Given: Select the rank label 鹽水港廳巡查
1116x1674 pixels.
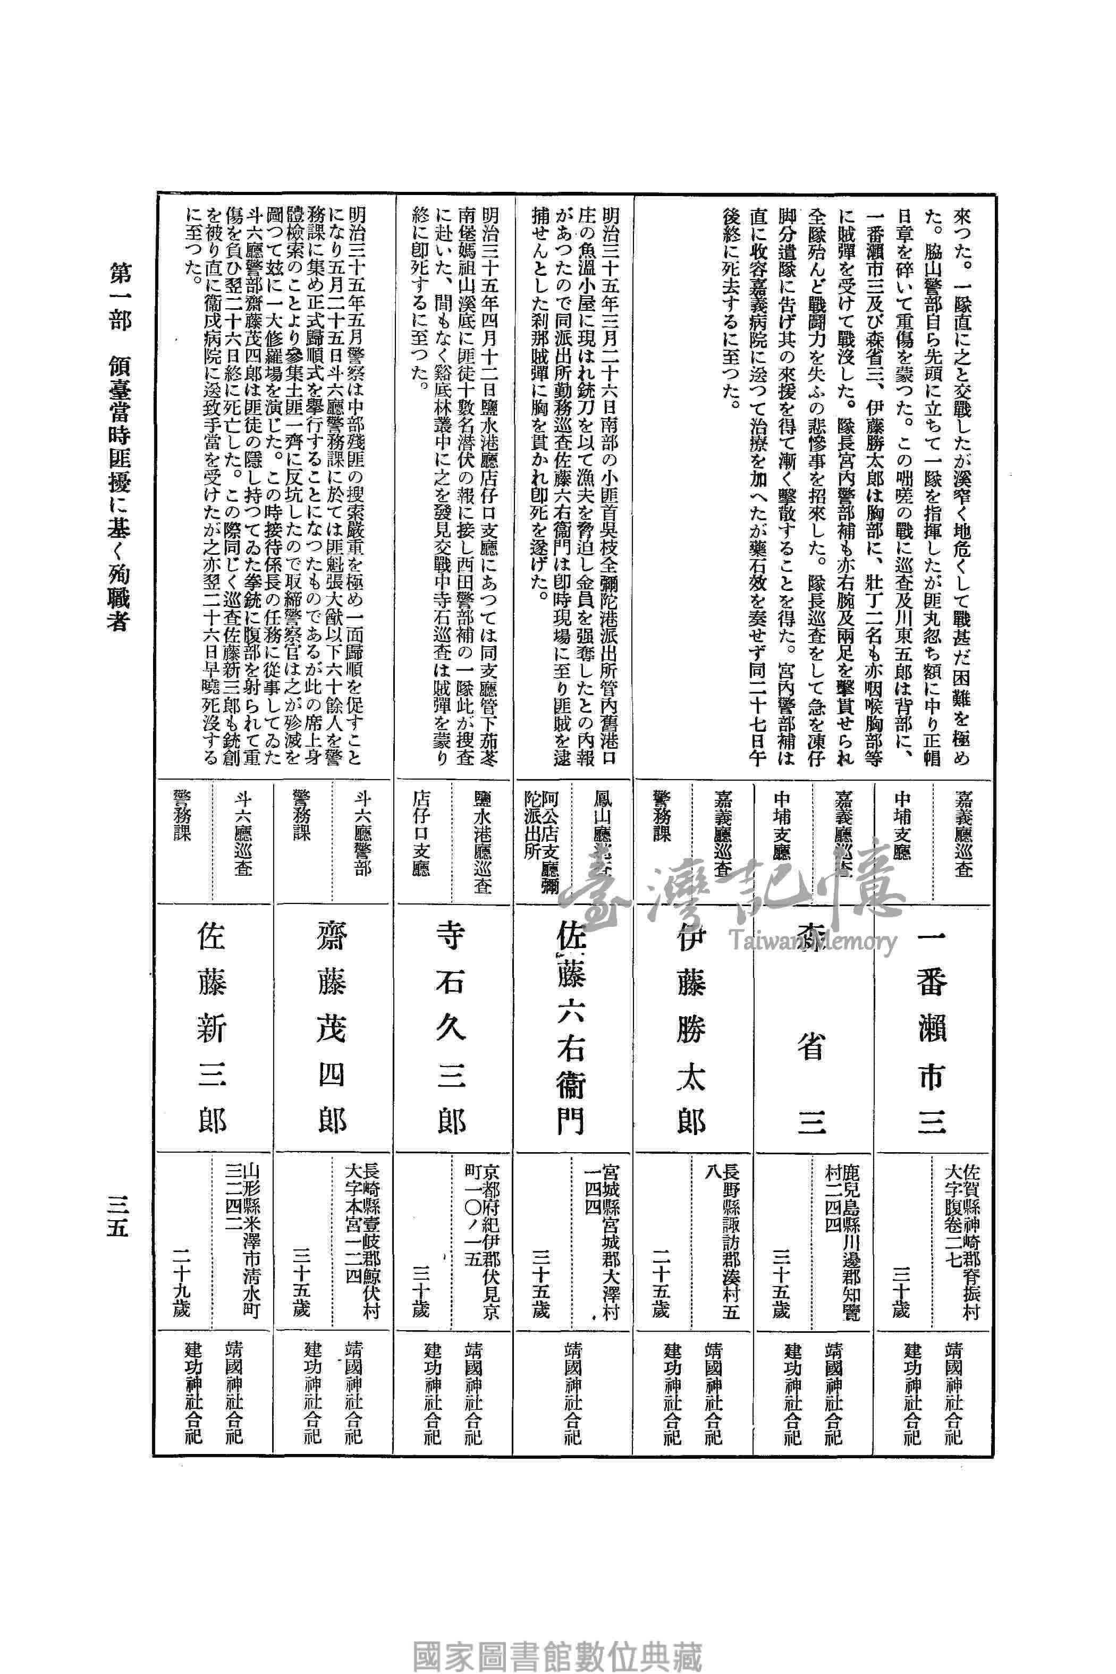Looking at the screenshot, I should click(482, 837).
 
